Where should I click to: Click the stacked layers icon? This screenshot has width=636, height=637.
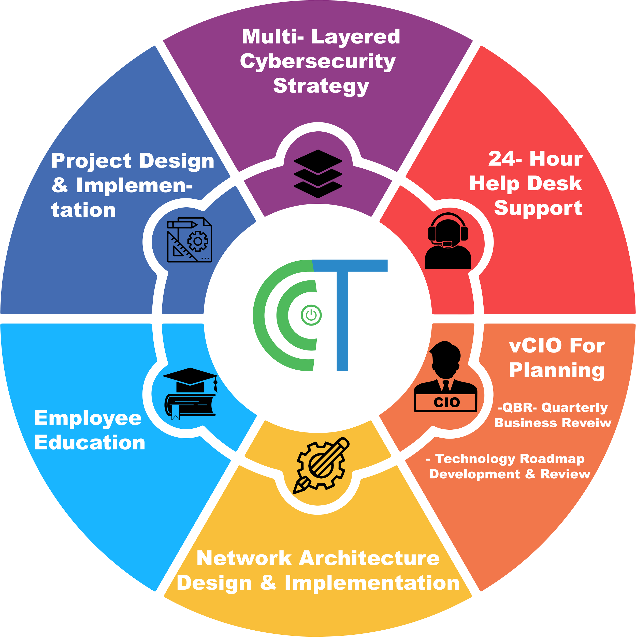point(318,174)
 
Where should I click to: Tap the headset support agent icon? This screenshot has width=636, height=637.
point(448,241)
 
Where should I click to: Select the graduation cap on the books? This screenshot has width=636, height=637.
point(190,379)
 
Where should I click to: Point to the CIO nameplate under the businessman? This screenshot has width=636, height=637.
point(446,402)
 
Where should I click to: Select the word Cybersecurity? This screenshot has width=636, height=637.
point(317,62)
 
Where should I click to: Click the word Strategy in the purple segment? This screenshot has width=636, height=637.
point(321,86)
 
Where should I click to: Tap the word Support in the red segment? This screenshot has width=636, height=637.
point(538,208)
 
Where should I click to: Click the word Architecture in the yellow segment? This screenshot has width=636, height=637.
point(370,559)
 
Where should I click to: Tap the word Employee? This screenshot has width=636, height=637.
point(88,419)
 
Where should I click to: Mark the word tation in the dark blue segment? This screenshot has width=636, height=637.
point(83,210)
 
